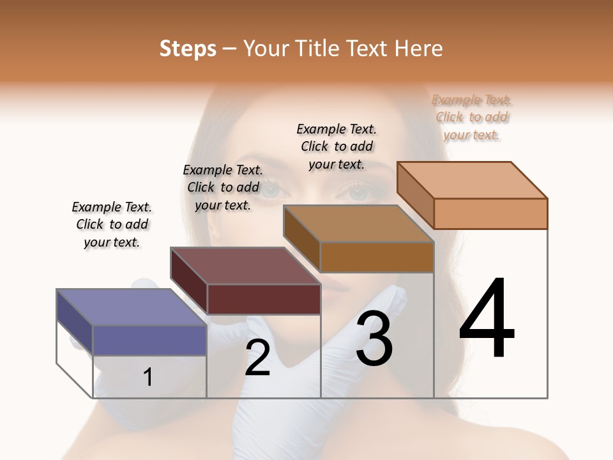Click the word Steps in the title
coord(188,49)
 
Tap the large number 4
coord(487,319)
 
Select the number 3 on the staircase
coord(374,339)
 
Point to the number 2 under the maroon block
coord(257,358)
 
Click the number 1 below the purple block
coord(148,377)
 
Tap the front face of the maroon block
coord(264,299)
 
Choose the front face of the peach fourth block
coord(490,213)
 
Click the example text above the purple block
coord(112,224)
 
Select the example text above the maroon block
coord(223,187)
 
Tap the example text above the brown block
coord(337,146)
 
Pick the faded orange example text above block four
coord(472,117)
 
